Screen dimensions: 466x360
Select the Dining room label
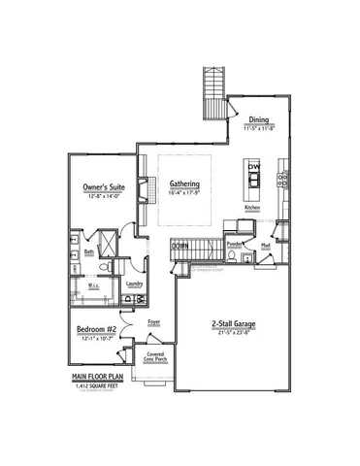pos(257,120)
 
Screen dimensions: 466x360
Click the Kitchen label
pos(252,208)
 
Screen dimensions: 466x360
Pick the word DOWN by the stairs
pos(180,247)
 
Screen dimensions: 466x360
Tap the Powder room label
pos(234,245)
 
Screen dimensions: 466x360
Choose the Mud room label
pos(265,245)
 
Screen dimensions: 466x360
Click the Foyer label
pos(153,318)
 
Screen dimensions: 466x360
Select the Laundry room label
pos(134,283)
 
